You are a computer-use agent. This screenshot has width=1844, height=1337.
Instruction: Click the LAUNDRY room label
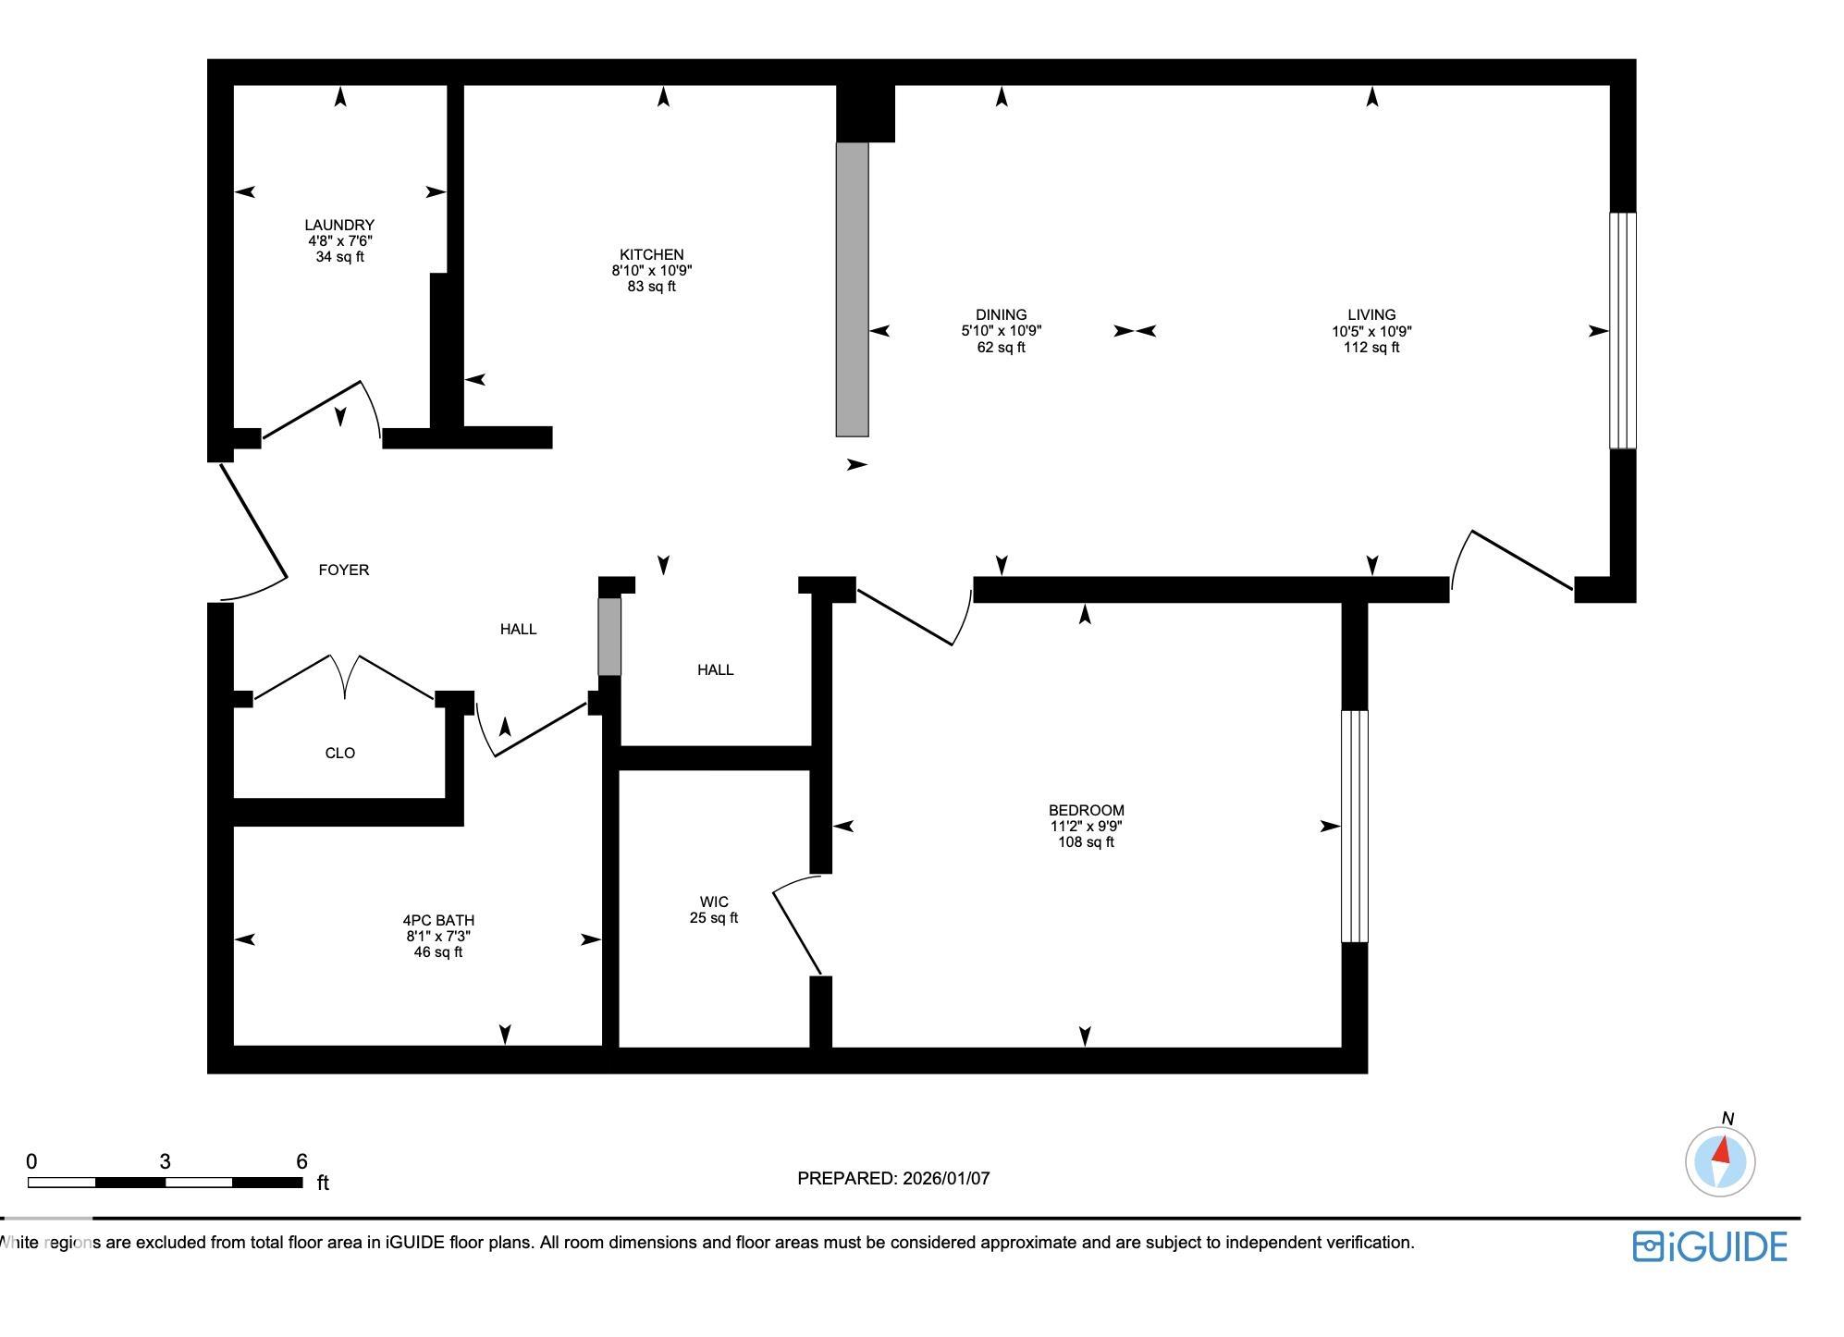click(339, 225)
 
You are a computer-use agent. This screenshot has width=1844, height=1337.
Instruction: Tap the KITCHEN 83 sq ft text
click(651, 287)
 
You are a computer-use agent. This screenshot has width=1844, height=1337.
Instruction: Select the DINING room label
click(1001, 314)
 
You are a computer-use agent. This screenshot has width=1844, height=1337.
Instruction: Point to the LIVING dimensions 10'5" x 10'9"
click(1371, 331)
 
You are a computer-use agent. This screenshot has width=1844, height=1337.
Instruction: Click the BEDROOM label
click(1086, 810)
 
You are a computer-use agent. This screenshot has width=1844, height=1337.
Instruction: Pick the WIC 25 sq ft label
click(713, 910)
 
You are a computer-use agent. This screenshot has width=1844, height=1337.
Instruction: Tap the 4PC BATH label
click(438, 920)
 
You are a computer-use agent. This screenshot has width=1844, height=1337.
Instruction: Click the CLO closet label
click(339, 753)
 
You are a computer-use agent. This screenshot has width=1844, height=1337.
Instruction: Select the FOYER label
click(343, 570)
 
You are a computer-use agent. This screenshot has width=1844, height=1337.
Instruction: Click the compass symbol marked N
click(1720, 1161)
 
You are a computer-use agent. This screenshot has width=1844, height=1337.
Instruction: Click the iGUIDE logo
click(1709, 1246)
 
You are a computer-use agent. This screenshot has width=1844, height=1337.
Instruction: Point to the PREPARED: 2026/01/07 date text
click(893, 1178)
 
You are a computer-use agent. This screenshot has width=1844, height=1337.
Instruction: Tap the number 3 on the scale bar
click(165, 1162)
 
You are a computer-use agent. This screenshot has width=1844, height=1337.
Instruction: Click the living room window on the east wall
click(1622, 330)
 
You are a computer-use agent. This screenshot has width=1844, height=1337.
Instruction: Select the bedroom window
click(1354, 826)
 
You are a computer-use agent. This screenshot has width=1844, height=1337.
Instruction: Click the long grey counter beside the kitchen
click(852, 288)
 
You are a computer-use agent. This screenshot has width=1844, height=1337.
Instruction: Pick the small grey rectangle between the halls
click(609, 636)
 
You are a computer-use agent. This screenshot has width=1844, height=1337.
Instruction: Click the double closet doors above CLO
click(344, 678)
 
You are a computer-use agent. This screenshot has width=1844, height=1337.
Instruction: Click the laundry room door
click(314, 407)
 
